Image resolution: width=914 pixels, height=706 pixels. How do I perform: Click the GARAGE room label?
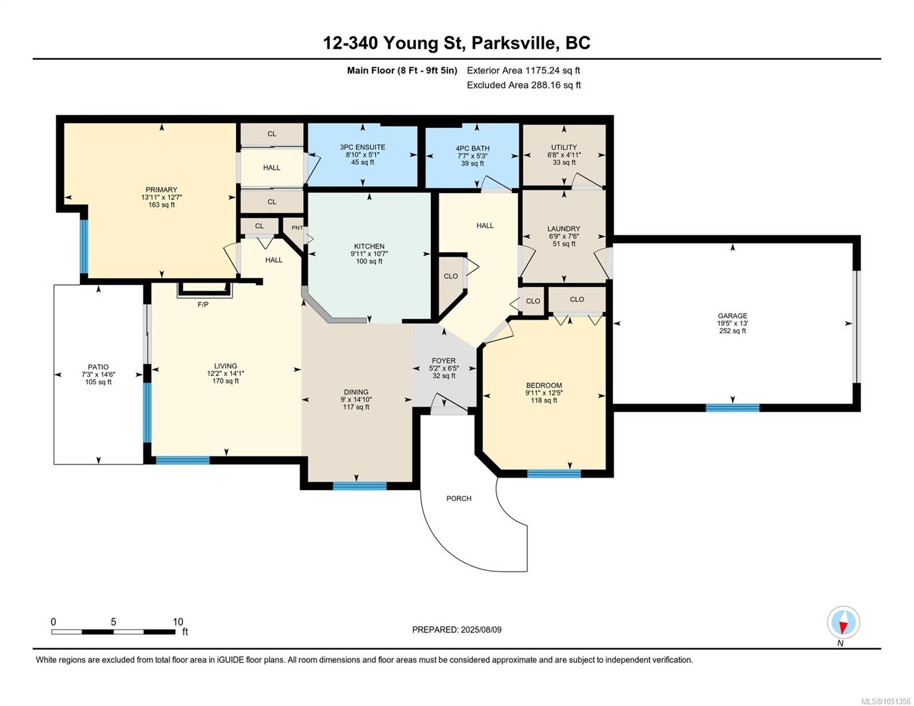(732, 315)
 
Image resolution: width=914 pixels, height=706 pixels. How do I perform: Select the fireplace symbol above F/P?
(204, 289)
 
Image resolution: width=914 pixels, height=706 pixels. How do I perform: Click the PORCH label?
(459, 498)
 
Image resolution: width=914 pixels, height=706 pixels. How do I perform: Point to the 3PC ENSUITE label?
(363, 147)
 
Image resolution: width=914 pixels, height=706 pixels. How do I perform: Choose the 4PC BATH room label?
(473, 148)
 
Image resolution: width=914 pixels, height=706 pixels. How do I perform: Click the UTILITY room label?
(564, 147)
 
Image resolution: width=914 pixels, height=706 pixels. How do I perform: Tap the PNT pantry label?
(297, 228)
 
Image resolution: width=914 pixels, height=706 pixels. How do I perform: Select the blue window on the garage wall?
(732, 407)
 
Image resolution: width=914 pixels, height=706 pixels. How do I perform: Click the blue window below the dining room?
(360, 486)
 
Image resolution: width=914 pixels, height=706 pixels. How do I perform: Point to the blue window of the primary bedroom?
(84, 247)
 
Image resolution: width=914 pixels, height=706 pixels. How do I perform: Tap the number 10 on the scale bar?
(178, 621)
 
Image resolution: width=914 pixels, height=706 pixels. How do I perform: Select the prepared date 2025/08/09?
(481, 630)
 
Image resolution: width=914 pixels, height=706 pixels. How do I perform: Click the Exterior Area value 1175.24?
(543, 70)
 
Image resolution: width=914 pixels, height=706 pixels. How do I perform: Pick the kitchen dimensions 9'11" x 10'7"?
(369, 254)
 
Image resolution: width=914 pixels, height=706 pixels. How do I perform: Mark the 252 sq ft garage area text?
(732, 331)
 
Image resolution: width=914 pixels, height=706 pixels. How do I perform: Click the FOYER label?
(444, 361)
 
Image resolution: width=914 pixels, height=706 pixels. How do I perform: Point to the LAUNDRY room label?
(564, 229)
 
